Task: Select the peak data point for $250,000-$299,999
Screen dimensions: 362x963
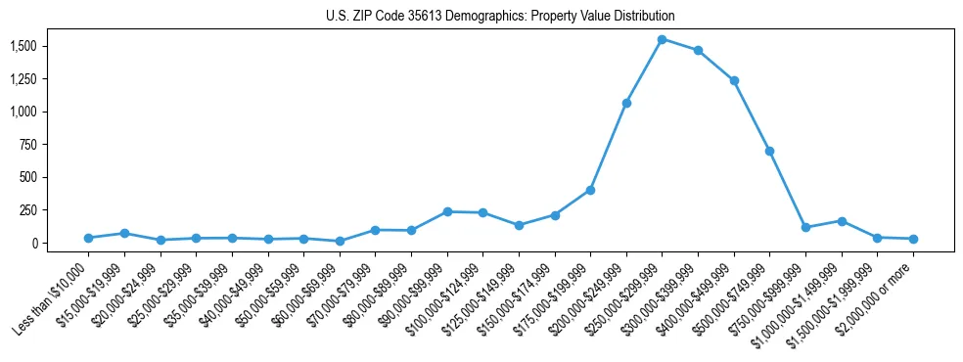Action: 662,39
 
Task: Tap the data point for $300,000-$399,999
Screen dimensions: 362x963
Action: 698,50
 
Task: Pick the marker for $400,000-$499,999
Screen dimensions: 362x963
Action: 734,80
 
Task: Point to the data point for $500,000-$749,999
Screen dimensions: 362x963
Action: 769,151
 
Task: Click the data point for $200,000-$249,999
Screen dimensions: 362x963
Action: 626,103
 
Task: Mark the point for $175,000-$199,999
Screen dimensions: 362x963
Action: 590,190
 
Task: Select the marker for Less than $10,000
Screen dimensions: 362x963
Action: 88,238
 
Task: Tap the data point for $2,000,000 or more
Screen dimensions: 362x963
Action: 912,239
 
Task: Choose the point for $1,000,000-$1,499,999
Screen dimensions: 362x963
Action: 841,221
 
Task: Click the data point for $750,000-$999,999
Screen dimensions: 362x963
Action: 805,227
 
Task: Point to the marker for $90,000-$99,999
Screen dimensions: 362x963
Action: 447,211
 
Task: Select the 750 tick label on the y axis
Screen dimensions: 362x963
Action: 27,145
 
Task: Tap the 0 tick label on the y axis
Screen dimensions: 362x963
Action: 33,243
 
